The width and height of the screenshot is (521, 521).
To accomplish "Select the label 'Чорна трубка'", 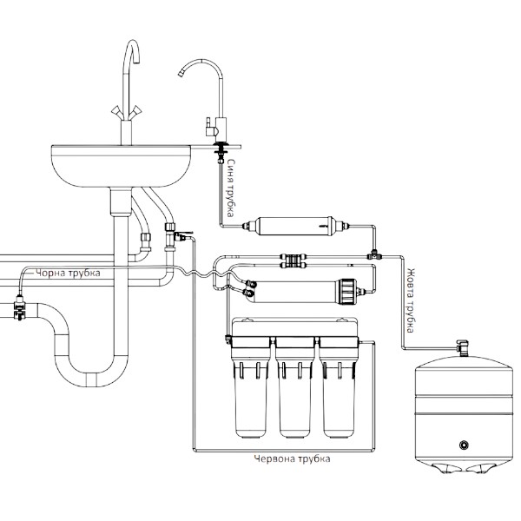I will pos(69,274).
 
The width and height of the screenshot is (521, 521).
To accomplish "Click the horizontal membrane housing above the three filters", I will pos(304,289).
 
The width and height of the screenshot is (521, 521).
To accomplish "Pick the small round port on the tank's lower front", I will pos(464,445).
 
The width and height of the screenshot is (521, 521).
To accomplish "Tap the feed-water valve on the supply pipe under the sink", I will pos(178,233).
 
